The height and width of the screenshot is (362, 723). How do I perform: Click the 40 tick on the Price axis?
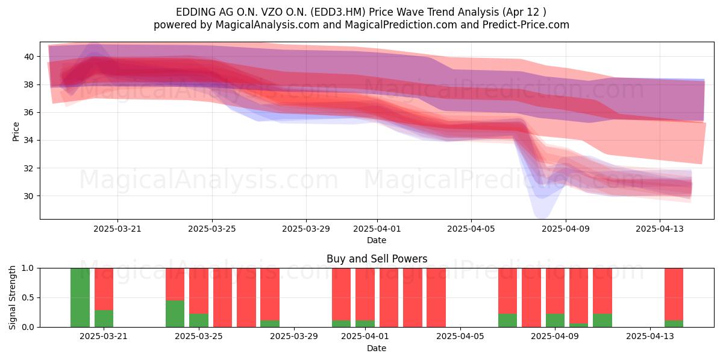tap(29, 57)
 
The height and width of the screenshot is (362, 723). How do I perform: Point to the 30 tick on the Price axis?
tap(29, 196)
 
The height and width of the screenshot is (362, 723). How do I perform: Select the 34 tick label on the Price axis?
tap(29, 140)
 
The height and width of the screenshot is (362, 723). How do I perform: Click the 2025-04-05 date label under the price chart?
tap(471, 229)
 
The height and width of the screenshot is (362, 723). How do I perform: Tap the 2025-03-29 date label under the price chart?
tap(306, 229)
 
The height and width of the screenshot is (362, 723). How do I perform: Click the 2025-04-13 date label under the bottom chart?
tap(650, 337)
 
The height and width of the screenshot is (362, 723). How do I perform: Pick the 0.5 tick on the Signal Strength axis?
tap(28, 297)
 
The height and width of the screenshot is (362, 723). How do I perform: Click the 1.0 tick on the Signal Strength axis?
tap(28, 268)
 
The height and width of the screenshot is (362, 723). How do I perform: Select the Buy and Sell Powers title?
tap(377, 259)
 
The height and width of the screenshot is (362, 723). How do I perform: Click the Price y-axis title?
tap(16, 132)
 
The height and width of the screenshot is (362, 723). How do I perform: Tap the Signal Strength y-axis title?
tap(12, 297)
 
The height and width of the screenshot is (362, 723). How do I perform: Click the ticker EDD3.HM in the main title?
tap(338, 12)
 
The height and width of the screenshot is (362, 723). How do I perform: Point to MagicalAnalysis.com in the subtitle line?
tap(268, 25)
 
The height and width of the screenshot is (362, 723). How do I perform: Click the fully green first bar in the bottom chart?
tap(80, 297)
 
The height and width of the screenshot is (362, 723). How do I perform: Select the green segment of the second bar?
tap(104, 319)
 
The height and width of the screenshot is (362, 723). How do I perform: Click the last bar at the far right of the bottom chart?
tap(674, 297)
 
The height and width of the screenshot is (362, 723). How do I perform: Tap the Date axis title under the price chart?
tap(377, 241)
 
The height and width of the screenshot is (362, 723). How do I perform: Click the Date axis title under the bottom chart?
tap(377, 348)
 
